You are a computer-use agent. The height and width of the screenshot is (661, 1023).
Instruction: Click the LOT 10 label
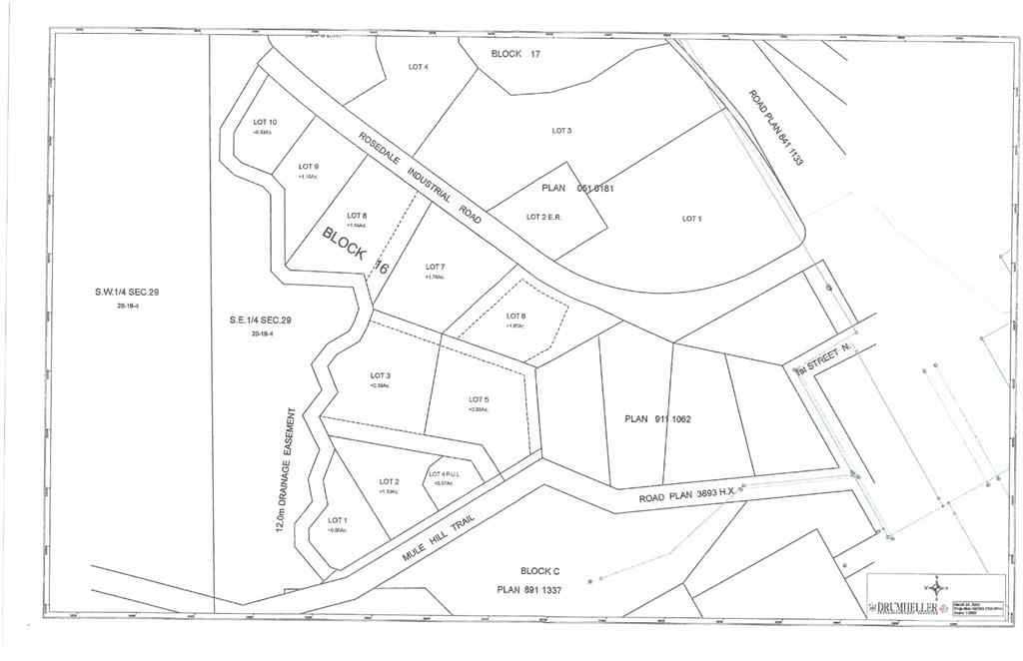click(x=265, y=122)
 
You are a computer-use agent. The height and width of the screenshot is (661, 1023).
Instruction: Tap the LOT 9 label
click(x=309, y=166)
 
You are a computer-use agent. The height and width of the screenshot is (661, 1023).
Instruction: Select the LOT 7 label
click(x=435, y=267)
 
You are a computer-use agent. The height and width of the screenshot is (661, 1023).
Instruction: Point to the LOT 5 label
click(x=479, y=399)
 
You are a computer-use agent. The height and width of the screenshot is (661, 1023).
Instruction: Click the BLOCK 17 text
click(x=515, y=53)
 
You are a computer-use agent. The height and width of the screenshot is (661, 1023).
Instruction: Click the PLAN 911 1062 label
click(x=657, y=418)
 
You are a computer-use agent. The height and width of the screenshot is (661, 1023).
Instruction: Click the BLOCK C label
click(x=539, y=570)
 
